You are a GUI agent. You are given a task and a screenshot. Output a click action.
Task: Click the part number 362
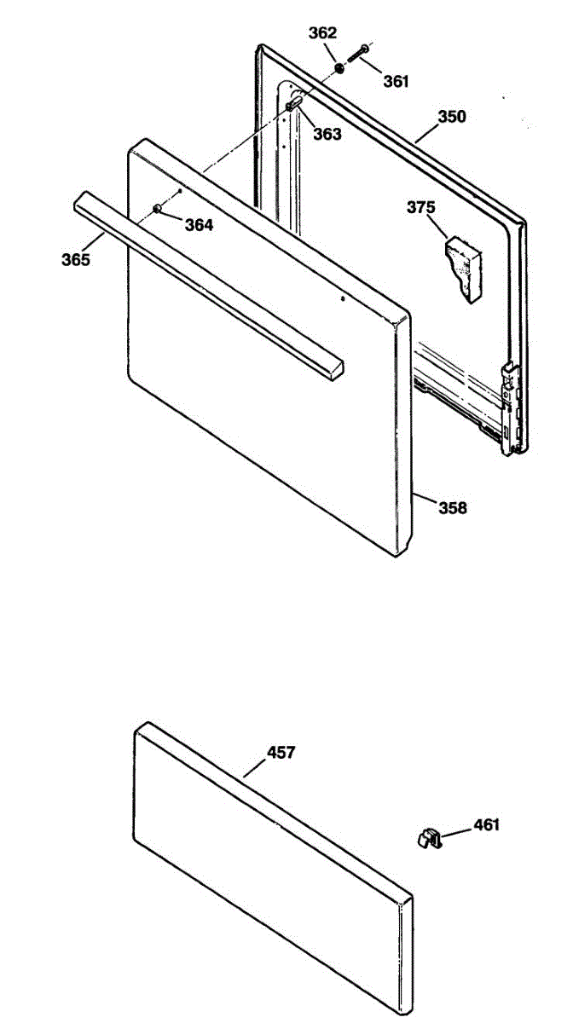[x=323, y=34]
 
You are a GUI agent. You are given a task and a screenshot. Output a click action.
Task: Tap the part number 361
[x=396, y=82]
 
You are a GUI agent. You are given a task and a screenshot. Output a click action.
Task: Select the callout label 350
[x=453, y=117]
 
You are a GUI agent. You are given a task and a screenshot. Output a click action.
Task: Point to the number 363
[x=327, y=134]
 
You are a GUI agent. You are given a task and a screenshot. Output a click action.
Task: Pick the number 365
[x=75, y=259]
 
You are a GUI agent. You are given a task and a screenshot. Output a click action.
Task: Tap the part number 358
[x=453, y=508]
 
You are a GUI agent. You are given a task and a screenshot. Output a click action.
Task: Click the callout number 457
[x=281, y=752]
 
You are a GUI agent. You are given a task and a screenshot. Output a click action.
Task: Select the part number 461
[x=487, y=824]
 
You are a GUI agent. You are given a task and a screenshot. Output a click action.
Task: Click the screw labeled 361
[x=358, y=55]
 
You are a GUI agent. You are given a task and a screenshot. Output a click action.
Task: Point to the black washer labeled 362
[x=339, y=68]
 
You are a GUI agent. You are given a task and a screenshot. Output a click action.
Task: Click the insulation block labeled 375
[x=462, y=269]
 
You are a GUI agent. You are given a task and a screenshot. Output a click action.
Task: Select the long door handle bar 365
[x=205, y=281]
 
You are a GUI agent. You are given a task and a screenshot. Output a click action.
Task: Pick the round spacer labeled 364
[x=158, y=209]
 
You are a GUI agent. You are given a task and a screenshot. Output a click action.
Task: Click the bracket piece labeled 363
[x=294, y=104]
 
